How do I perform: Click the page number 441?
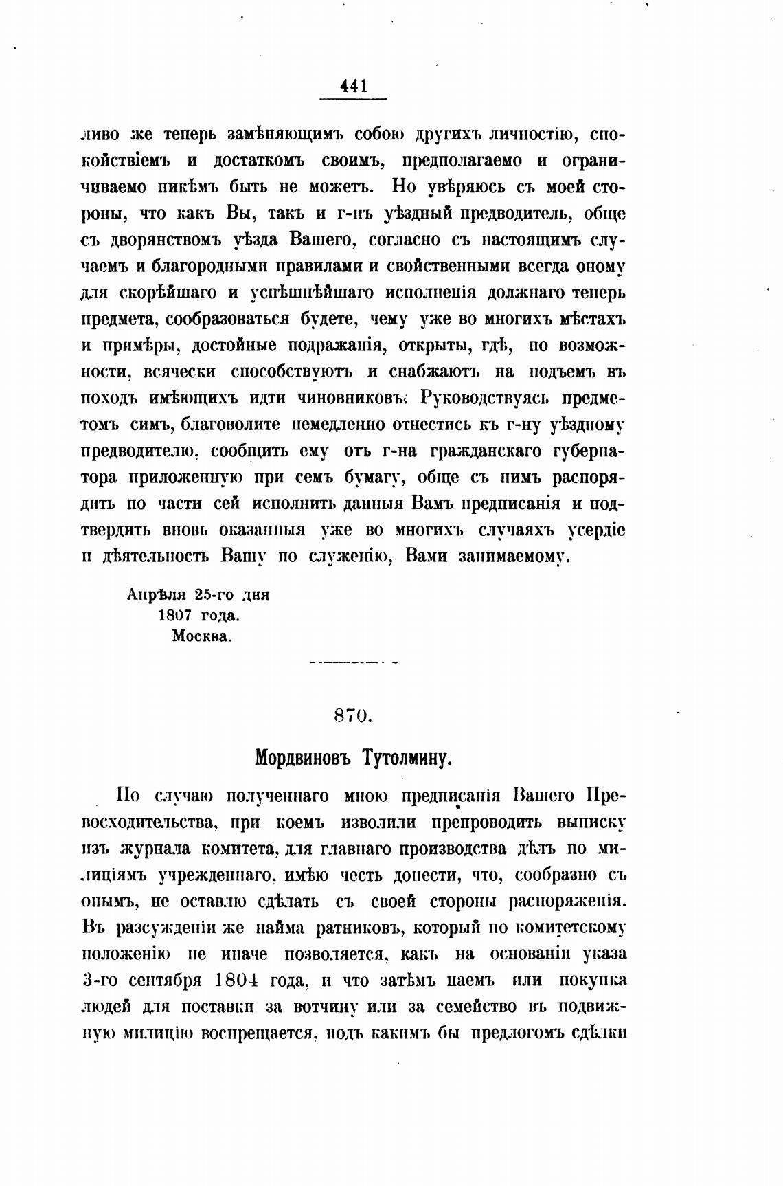tap(353, 87)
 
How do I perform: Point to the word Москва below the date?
tap(202, 636)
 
